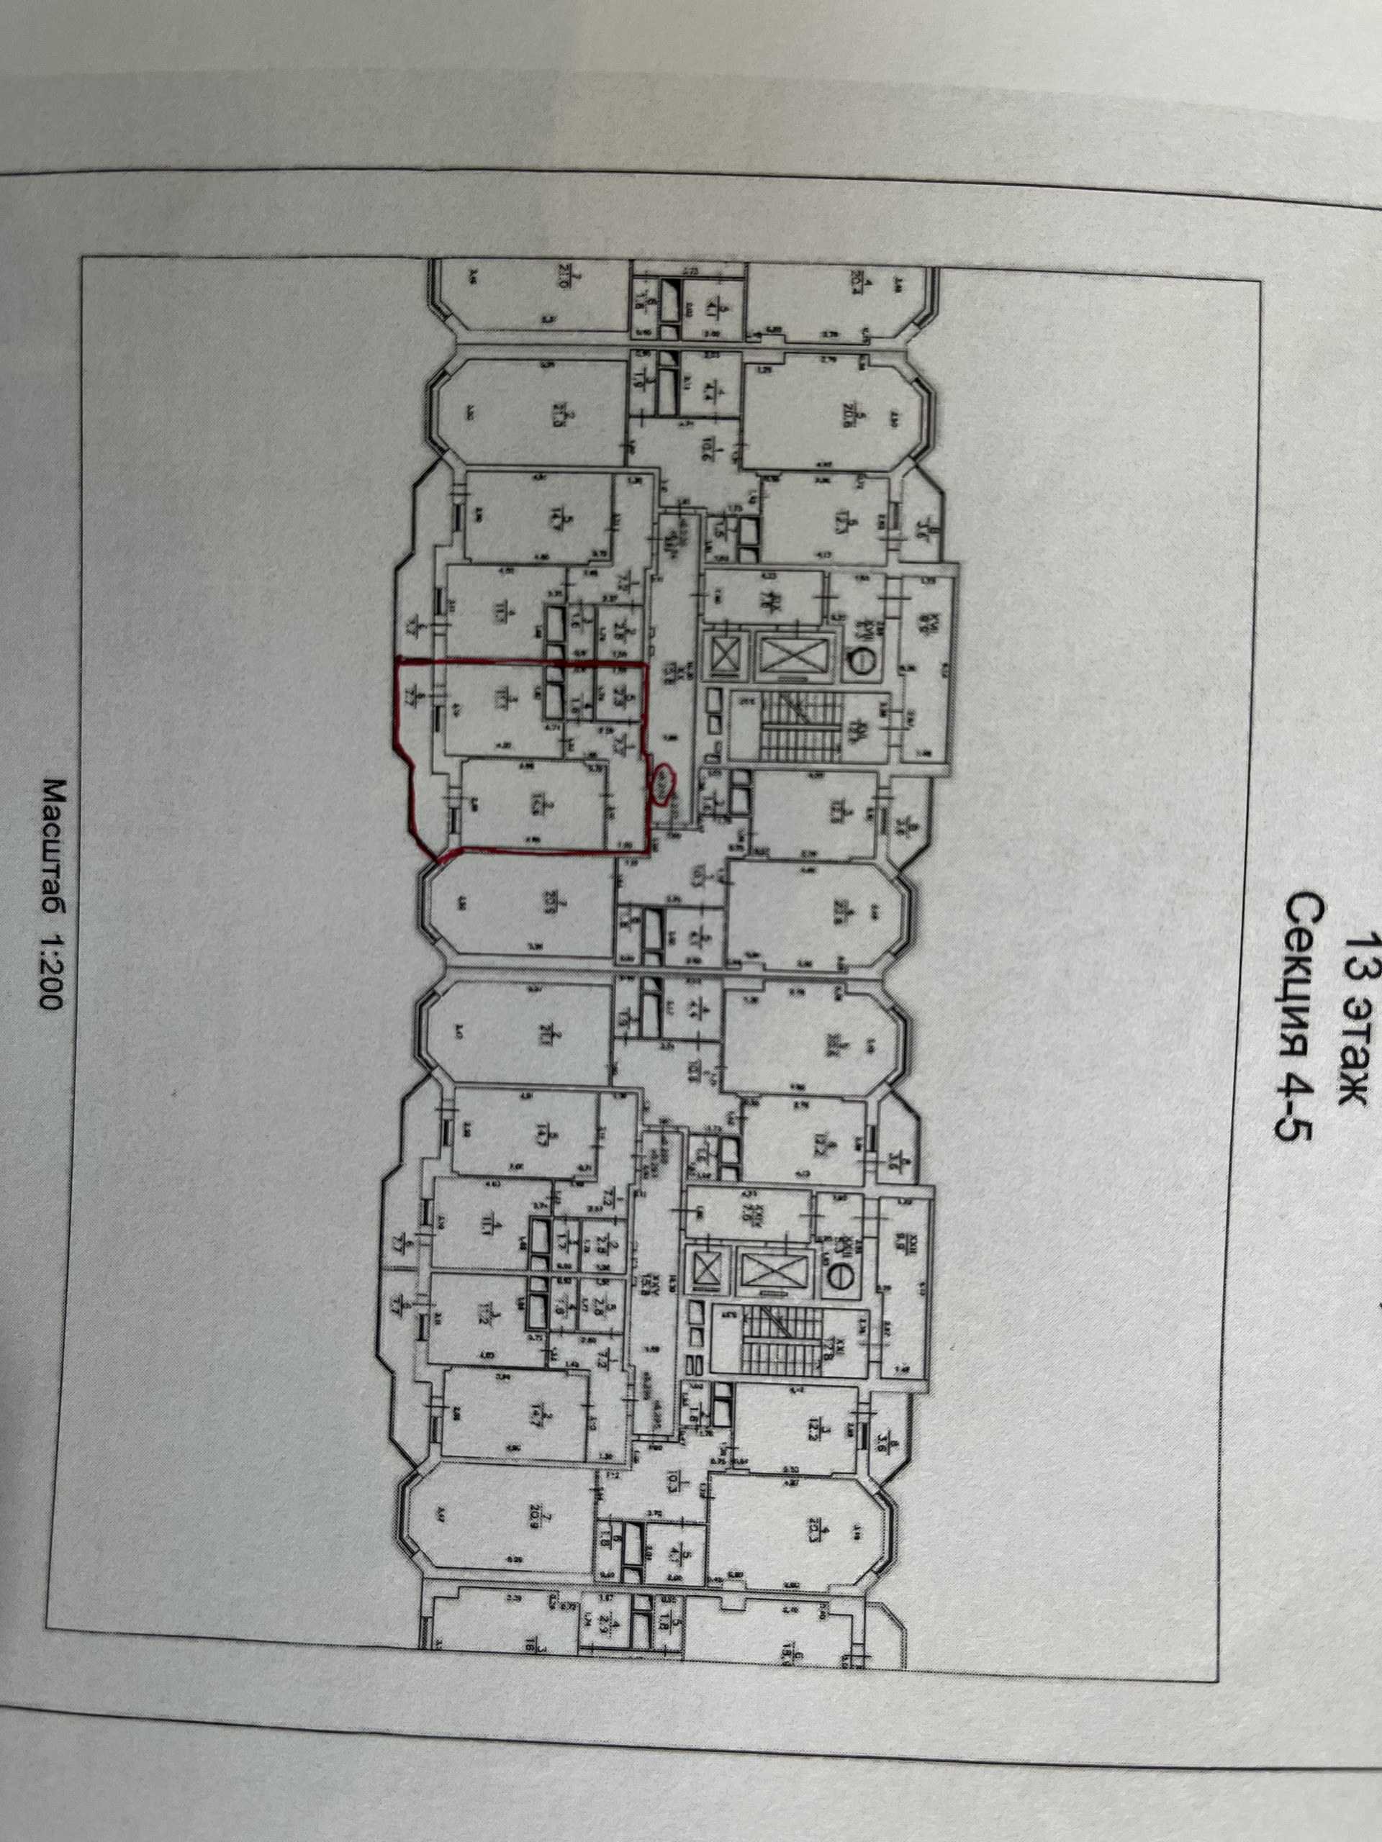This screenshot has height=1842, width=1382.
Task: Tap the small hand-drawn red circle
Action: (x=663, y=783)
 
